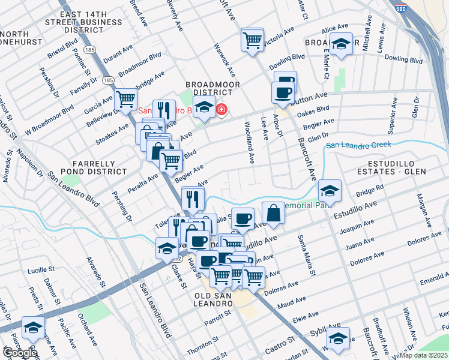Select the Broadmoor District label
click(209, 89)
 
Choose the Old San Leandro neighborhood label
click(214, 300)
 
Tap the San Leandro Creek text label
click(358, 145)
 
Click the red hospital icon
click(221, 110)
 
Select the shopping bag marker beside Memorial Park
click(273, 214)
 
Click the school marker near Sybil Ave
click(339, 340)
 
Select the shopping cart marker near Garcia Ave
click(125, 100)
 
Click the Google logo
click(19, 353)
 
